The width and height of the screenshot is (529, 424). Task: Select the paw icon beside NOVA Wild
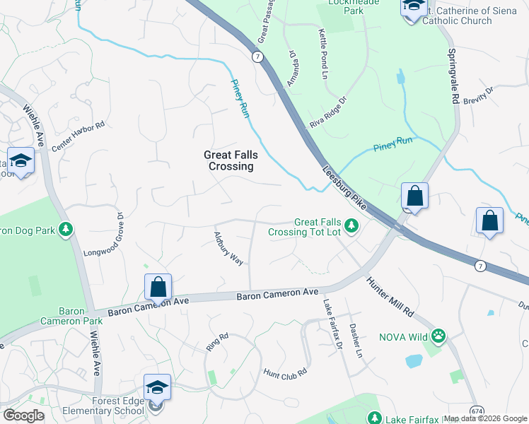click(x=439, y=336)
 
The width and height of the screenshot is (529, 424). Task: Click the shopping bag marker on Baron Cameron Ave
click(x=158, y=287)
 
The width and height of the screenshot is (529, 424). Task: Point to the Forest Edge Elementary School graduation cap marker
click(x=157, y=387)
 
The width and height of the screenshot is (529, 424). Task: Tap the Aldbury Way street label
click(x=228, y=248)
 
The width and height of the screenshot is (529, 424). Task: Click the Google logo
click(x=23, y=415)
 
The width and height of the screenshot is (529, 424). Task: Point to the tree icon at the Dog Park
click(x=65, y=230)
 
